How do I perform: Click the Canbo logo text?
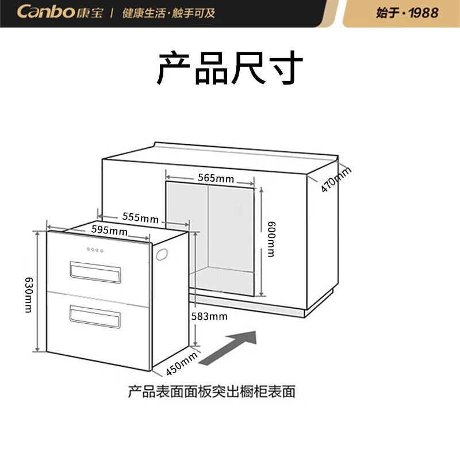click(x=46, y=12)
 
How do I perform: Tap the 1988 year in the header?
click(x=424, y=13)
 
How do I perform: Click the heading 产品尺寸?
click(x=229, y=68)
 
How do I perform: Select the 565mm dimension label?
click(x=216, y=178)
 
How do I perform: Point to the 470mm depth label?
click(x=335, y=179)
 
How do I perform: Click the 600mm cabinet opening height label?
click(x=271, y=239)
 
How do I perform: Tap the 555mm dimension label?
click(x=140, y=217)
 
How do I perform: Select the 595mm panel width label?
click(x=109, y=230)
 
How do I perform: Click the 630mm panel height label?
click(x=29, y=295)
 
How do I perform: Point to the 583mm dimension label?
click(x=209, y=316)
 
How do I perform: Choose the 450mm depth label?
click(x=182, y=364)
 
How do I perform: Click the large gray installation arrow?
click(x=228, y=348)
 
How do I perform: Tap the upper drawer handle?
click(x=95, y=272)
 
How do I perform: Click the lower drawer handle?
click(x=95, y=317)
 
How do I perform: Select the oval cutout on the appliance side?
click(x=162, y=254)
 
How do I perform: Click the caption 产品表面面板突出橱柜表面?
click(x=212, y=392)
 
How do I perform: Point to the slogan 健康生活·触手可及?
click(x=168, y=13)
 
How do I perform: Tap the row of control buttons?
click(x=95, y=250)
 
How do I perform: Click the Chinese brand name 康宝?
click(x=90, y=13)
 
